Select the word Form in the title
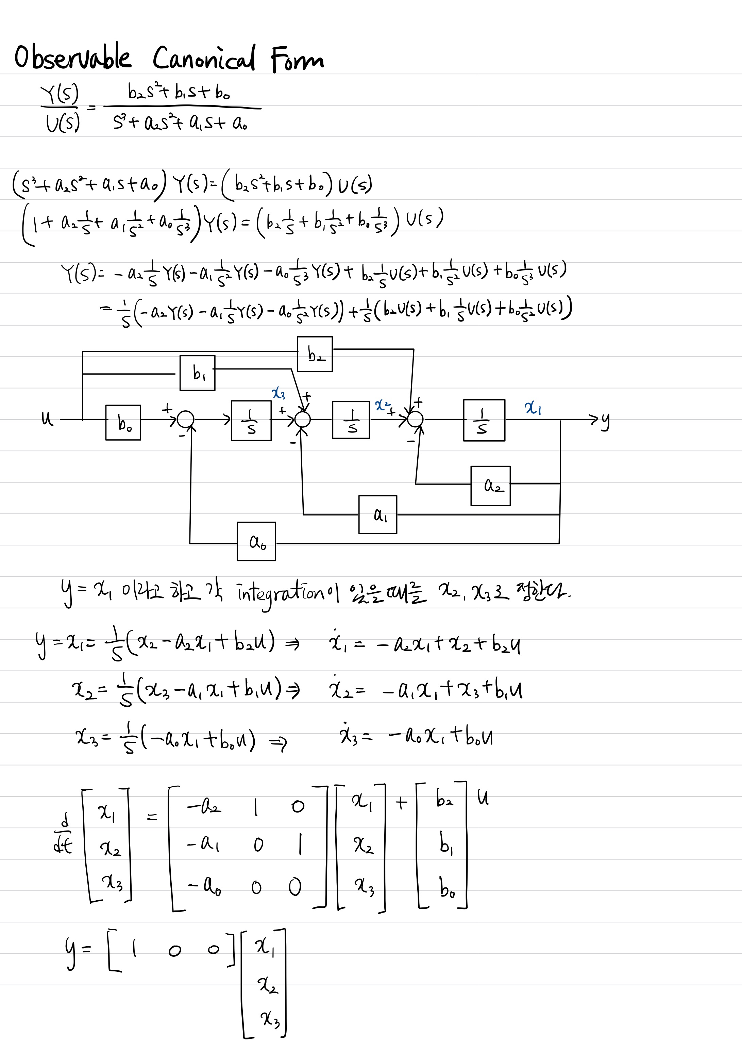297,60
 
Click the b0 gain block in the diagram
123,423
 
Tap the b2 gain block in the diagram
315,354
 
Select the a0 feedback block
256,541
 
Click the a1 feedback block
377,514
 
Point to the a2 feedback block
491,486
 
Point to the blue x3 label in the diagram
279,393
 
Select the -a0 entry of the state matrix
204,886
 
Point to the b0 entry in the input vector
447,887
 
